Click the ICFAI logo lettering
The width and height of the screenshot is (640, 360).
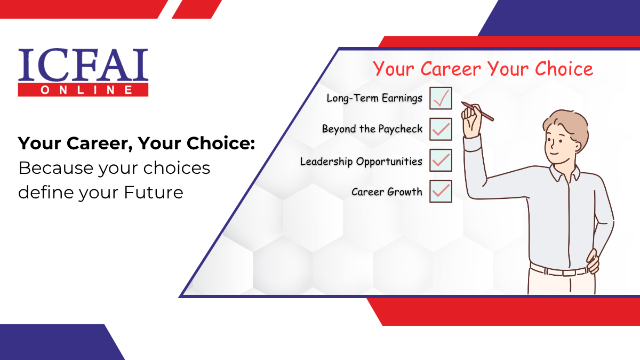(83, 65)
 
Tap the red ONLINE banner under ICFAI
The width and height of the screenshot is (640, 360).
(83, 90)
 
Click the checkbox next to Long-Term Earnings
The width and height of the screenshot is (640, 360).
(441, 98)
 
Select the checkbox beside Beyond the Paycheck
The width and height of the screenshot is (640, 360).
(441, 129)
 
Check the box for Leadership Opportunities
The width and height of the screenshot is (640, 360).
(441, 161)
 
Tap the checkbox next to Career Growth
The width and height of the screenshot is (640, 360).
(441, 191)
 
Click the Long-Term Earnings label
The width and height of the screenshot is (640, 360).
(374, 98)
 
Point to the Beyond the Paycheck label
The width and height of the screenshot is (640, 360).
(372, 129)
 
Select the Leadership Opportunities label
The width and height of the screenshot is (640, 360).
(361, 161)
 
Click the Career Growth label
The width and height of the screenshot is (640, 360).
(387, 192)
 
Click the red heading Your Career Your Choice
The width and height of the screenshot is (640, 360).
(483, 69)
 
